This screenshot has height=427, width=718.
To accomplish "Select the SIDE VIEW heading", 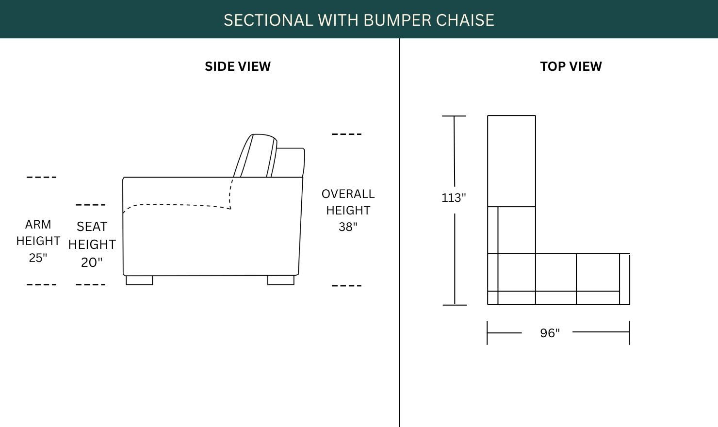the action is [x=238, y=66].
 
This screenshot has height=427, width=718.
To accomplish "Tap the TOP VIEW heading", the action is [x=571, y=66].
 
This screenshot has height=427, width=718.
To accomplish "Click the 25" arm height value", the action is [x=38, y=258].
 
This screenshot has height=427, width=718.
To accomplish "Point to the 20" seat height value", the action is [x=92, y=262].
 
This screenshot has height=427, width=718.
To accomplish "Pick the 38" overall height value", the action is [x=348, y=227].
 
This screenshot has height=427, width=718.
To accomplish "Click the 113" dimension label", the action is [x=454, y=197].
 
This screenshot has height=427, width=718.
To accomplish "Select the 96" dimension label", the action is [x=550, y=333].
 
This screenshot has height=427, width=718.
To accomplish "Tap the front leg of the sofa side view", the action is [x=139, y=280].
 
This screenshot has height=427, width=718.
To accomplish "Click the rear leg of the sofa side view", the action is [x=281, y=280].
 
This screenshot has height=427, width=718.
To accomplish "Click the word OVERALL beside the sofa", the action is [x=348, y=194].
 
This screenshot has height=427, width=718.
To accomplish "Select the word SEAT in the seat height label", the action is [x=92, y=227].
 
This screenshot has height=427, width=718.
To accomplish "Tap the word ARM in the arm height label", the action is [x=38, y=224].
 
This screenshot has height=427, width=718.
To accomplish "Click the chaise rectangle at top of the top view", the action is [x=511, y=161].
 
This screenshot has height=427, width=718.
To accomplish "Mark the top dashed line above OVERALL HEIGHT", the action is [x=346, y=134].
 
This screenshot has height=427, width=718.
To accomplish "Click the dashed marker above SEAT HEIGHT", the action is [x=91, y=205].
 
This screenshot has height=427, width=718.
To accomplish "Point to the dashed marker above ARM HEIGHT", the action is [x=41, y=177].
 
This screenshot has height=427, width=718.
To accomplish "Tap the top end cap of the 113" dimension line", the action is [x=454, y=115].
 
